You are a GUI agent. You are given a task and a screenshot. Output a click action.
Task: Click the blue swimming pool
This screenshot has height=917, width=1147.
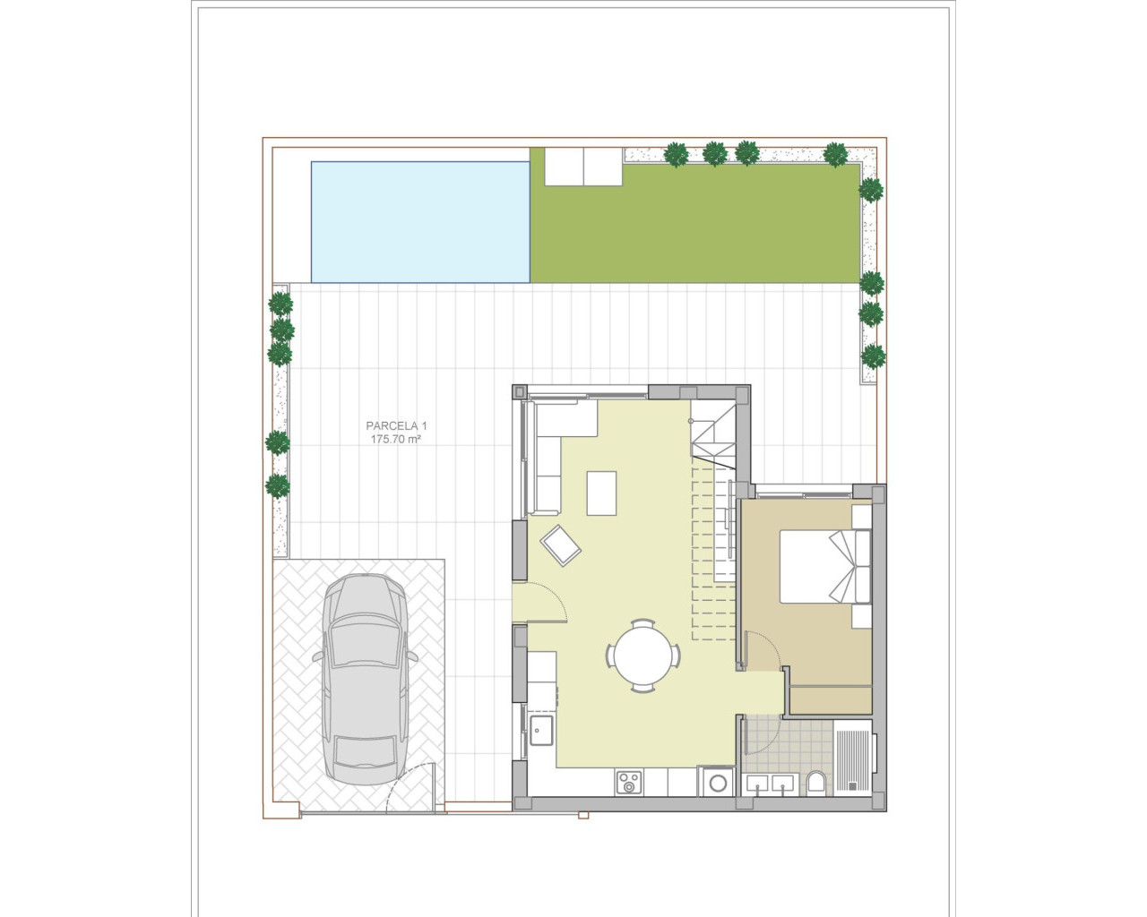419,222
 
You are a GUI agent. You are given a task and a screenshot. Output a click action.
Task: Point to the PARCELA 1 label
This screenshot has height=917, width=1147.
396,426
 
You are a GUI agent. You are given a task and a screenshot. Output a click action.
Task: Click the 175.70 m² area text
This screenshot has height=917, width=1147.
396,440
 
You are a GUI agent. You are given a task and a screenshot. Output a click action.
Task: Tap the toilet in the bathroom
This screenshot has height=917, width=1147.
815,784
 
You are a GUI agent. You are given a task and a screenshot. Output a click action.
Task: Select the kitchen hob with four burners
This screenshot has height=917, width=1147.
628,783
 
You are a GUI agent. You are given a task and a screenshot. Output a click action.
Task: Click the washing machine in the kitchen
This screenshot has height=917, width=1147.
717,783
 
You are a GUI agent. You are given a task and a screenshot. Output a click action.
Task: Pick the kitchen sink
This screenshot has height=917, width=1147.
540,731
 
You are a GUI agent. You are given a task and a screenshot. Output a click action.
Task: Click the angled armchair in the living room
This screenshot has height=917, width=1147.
560,544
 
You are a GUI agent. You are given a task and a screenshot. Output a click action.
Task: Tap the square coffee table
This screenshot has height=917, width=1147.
601,493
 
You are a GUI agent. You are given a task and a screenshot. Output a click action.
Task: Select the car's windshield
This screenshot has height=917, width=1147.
366,643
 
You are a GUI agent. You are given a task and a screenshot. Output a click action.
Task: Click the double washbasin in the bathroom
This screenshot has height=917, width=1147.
771,785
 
